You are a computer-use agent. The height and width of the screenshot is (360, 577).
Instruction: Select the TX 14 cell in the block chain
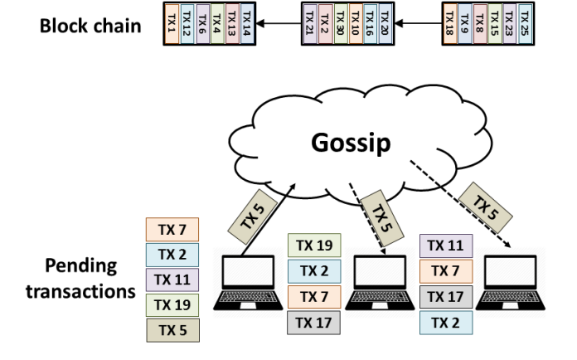pos(247,23)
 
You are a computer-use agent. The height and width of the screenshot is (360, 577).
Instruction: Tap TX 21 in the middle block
pos(309,23)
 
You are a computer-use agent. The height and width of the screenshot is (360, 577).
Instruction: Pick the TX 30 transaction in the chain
pos(341,23)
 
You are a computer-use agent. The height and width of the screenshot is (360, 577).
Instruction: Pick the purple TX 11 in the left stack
pos(172,280)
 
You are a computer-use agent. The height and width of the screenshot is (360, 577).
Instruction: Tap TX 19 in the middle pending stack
pos(313,246)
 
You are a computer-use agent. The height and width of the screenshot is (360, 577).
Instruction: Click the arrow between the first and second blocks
pos(279,23)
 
